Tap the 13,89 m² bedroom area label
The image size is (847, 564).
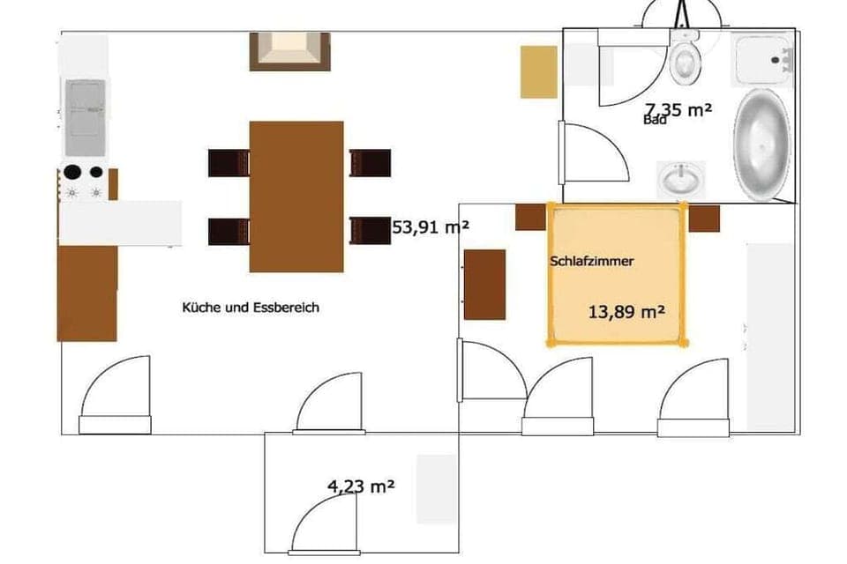626,312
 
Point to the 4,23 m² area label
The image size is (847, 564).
361,485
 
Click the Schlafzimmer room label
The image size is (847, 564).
592,262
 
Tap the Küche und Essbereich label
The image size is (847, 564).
251,308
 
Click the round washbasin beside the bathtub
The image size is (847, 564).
682,180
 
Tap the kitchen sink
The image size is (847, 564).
86,108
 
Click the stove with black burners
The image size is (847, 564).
84,182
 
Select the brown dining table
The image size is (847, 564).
296,196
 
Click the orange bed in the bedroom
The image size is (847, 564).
617,273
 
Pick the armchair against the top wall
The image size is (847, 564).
289,50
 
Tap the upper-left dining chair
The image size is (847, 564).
229,163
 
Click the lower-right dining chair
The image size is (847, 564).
370,230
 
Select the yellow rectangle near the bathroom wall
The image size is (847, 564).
538,71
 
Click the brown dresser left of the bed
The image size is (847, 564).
484,284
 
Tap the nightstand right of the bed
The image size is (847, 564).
704,218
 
